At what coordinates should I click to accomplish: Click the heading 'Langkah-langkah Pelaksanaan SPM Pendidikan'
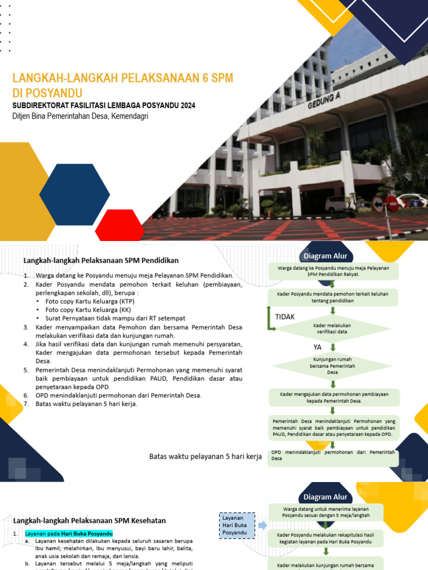tap(101, 260)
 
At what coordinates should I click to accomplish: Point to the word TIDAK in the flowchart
tap(285, 317)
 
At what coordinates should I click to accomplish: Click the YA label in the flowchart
tap(318, 347)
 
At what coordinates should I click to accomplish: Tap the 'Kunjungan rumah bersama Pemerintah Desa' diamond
tap(333, 366)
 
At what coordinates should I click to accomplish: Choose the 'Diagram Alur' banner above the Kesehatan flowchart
tap(325, 497)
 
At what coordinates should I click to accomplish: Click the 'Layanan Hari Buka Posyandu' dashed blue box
tap(237, 525)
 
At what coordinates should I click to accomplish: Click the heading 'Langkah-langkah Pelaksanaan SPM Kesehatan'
tap(90, 520)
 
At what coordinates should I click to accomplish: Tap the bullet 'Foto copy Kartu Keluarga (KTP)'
tap(90, 302)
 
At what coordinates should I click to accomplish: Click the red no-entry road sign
tap(392, 203)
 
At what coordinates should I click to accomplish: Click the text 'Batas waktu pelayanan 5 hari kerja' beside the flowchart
tap(206, 456)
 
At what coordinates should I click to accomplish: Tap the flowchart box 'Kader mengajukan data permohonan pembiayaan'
tap(333, 397)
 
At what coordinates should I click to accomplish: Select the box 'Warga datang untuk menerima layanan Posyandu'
tap(326, 512)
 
